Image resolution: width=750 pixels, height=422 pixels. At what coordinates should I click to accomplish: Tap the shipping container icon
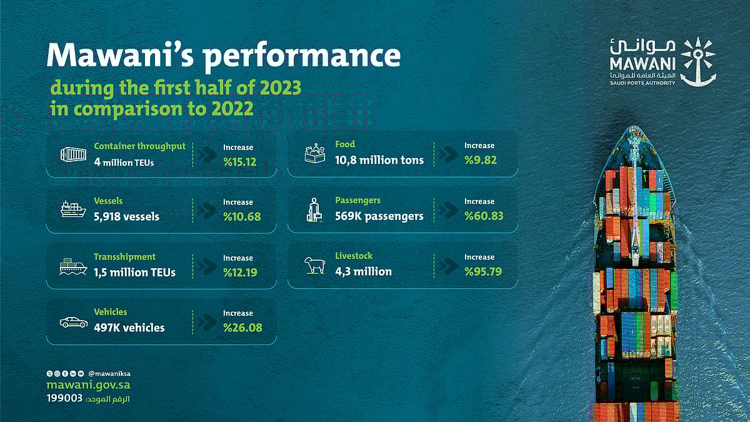[72, 154]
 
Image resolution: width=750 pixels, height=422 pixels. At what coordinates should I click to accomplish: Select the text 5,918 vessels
[126, 217]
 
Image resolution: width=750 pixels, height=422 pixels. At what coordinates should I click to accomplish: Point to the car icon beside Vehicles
[73, 322]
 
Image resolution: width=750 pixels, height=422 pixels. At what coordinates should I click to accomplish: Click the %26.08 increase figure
[242, 328]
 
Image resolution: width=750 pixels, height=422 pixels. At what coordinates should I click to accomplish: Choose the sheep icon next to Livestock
[314, 265]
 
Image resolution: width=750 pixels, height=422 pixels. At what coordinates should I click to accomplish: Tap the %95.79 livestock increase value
[483, 272]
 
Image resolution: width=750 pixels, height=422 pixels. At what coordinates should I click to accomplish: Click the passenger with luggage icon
[314, 210]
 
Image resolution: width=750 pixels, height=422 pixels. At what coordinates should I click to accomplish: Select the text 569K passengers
[379, 216]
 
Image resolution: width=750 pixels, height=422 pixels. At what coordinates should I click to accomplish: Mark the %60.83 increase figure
[483, 216]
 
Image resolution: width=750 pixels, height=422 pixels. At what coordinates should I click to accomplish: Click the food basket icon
[314, 154]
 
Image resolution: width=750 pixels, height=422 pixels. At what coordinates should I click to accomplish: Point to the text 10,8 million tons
[379, 160]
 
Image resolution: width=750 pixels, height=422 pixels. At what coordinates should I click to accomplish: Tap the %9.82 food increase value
[480, 160]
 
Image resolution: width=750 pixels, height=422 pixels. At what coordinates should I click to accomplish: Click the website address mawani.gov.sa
[88, 386]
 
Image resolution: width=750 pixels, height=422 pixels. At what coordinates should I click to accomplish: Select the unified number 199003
[64, 399]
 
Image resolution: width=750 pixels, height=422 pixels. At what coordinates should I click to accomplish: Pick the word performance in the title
[302, 56]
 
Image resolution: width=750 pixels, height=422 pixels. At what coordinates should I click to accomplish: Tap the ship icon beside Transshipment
[73, 266]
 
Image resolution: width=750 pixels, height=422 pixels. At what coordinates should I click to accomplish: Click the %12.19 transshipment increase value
[240, 273]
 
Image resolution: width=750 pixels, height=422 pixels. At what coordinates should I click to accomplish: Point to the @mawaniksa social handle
[109, 373]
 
